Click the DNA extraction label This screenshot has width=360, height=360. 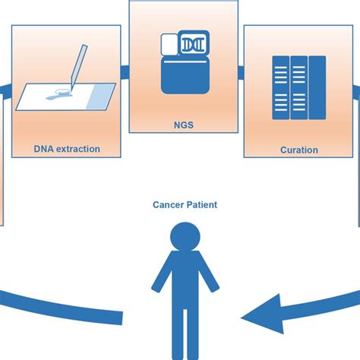tap(67, 149)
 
